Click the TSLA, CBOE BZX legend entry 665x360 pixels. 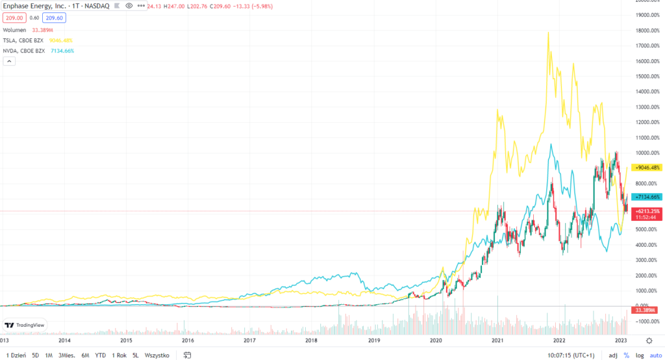coord(23,40)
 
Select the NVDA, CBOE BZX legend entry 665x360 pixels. coord(24,50)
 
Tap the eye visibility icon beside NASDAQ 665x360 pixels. coord(129,5)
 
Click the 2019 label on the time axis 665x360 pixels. coord(373,340)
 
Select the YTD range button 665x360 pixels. coord(101,355)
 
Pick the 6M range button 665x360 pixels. coord(85,355)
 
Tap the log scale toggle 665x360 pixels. coord(639,355)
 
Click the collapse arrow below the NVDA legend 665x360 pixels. coord(10,61)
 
